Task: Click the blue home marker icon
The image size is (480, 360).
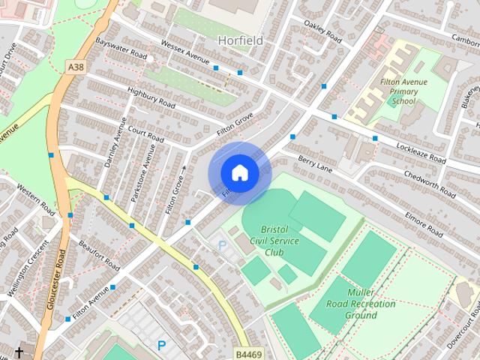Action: coord(239,173)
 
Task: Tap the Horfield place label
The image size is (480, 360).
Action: coord(240,40)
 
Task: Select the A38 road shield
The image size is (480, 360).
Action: coord(75,67)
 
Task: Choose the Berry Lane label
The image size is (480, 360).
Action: coord(314,161)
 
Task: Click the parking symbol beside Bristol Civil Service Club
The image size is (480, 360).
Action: coord(221,245)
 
